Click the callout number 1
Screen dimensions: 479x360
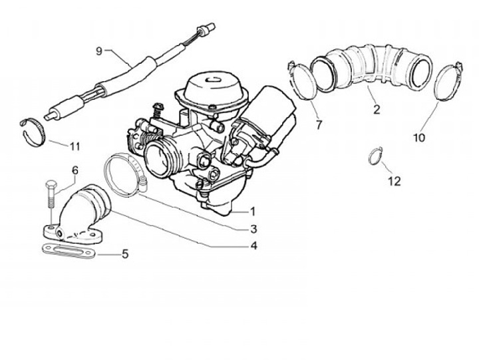point(253,212)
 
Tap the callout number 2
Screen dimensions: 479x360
point(377,110)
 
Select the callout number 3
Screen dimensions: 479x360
point(253,228)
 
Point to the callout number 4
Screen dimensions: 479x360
point(253,245)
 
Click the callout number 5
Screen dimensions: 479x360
point(124,254)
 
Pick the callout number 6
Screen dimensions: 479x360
point(75,170)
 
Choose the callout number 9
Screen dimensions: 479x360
point(99,51)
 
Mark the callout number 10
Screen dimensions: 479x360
point(418,138)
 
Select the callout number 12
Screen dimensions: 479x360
point(395,181)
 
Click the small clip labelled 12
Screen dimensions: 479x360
point(376,157)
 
